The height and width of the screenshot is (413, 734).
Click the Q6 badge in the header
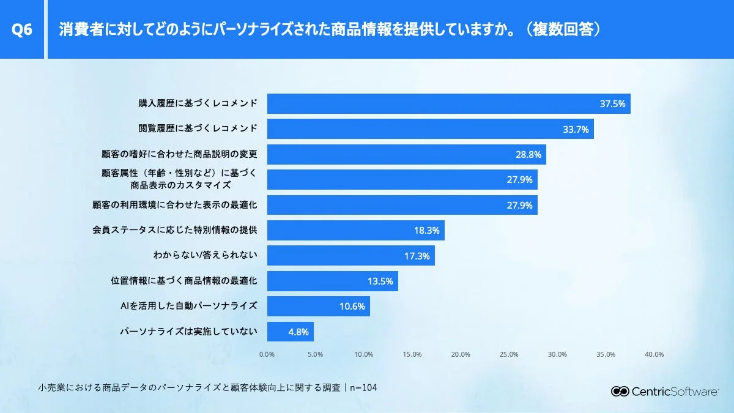coord(22,30)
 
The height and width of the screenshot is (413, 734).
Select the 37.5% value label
coord(612,104)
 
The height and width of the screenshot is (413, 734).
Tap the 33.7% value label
coord(576,129)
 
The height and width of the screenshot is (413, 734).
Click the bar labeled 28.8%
coord(406,155)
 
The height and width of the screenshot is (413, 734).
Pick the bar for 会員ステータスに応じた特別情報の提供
coord(355,231)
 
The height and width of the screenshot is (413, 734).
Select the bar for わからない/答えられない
coord(350,256)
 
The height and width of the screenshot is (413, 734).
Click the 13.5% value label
coord(379,281)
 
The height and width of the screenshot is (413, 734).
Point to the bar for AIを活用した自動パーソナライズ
coord(318,307)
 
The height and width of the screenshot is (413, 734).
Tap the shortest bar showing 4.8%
coord(290,332)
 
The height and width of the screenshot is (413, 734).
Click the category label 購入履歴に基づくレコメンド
coord(198,103)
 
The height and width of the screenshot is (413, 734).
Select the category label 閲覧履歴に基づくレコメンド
coord(198,129)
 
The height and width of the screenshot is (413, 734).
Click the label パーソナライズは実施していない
coord(188,332)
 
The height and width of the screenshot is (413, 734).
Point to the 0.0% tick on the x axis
coord(267,354)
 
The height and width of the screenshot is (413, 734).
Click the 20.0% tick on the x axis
coord(461,354)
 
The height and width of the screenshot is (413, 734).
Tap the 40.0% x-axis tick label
coord(654,354)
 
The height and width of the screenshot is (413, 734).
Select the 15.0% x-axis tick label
coord(412,354)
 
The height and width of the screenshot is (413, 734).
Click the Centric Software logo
coord(665,392)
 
